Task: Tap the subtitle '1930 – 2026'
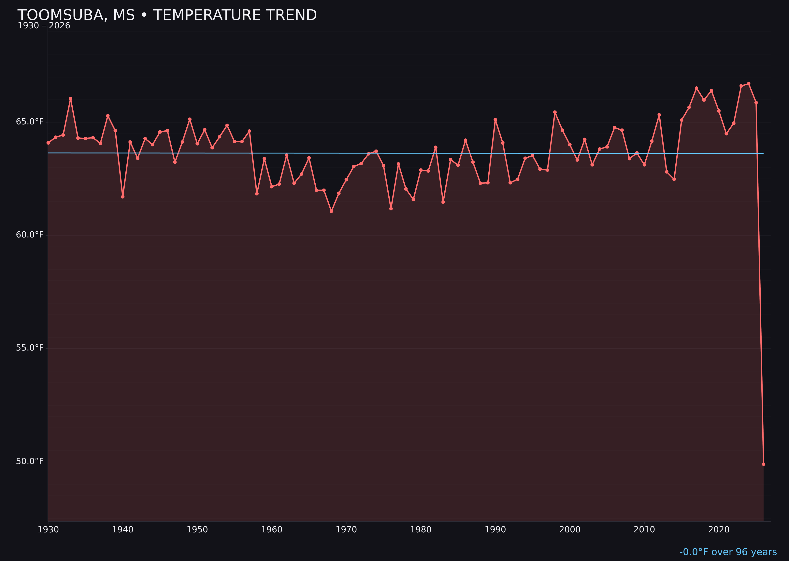point(44,26)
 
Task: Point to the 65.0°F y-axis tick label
point(30,122)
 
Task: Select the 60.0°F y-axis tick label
point(30,235)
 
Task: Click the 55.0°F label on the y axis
point(30,348)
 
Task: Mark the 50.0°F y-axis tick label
point(30,462)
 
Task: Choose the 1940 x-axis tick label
point(123,530)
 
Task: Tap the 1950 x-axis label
point(197,530)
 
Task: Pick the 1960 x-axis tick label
point(272,530)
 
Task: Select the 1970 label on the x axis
point(346,530)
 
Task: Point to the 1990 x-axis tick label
point(495,530)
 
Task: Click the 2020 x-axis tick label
point(719,530)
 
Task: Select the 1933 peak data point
point(70,99)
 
